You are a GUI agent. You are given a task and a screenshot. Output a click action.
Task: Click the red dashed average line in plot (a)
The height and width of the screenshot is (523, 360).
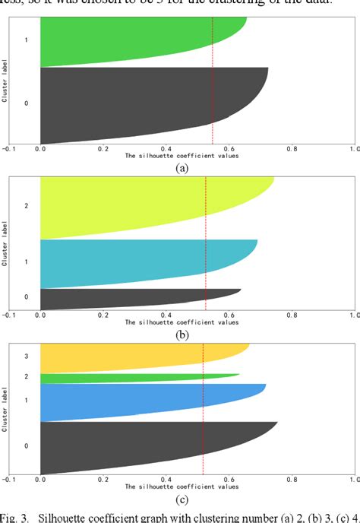pyautogui.click(x=213, y=76)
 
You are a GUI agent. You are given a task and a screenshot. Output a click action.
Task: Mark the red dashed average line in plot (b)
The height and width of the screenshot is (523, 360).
pyautogui.click(x=206, y=228)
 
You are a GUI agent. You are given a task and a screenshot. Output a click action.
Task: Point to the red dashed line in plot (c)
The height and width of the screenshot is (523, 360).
pyautogui.click(x=203, y=426)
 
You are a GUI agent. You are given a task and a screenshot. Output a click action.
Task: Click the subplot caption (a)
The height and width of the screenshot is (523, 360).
pyautogui.click(x=182, y=169)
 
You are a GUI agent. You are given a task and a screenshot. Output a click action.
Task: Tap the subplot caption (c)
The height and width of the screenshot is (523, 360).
pyautogui.click(x=182, y=499)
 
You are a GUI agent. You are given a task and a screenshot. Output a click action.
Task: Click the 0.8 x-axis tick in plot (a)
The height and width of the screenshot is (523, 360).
pyautogui.click(x=289, y=150)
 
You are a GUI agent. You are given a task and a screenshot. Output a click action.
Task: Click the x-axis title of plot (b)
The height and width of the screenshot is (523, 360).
pyautogui.click(x=182, y=322)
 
